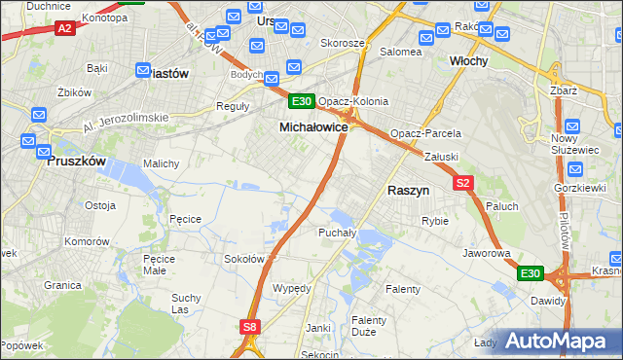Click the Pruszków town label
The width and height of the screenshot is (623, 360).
(76, 162)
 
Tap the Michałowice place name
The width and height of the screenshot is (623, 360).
(313, 127)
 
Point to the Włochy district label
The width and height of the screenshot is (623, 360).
(468, 60)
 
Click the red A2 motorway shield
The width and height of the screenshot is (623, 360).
(65, 29)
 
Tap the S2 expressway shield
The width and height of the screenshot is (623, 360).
(462, 182)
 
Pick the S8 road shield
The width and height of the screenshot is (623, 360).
(251, 328)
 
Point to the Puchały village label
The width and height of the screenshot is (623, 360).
(338, 233)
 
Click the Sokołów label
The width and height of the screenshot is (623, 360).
(244, 259)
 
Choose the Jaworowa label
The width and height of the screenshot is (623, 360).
(487, 253)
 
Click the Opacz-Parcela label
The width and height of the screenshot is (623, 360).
(425, 133)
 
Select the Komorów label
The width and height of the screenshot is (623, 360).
(86, 240)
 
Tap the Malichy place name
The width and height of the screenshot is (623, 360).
(162, 163)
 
